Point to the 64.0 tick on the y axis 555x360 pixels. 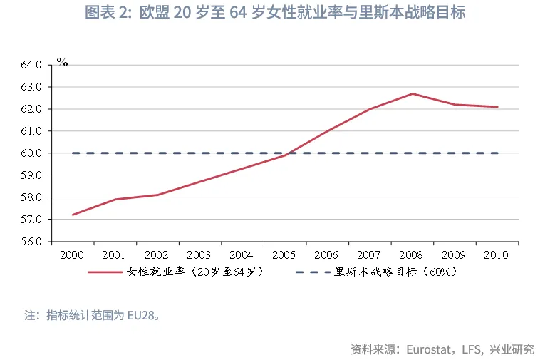coord(32,65)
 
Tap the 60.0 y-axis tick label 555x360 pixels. coord(32,153)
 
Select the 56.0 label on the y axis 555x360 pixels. coord(32,242)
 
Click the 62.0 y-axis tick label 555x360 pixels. coord(32,109)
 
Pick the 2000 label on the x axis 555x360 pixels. coord(72,254)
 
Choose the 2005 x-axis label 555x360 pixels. coord(284,254)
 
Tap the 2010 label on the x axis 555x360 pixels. coord(497,254)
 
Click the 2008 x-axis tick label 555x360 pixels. coord(412,254)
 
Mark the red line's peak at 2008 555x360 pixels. coord(412,93)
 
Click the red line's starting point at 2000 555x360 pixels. coord(73,215)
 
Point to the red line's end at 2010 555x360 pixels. coord(497,107)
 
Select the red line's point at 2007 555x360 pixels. coord(370,109)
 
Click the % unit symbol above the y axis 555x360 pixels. coord(62,63)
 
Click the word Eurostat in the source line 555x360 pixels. coord(430,349)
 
